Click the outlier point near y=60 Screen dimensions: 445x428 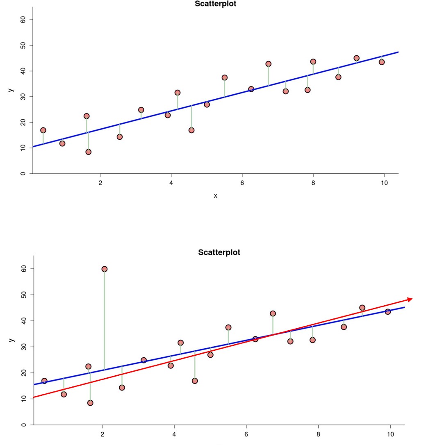(105, 269)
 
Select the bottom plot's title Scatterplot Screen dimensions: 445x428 (219, 252)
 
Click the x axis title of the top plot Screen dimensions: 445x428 (215, 196)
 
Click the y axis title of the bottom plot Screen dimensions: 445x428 (11, 340)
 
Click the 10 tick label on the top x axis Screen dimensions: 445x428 (384, 183)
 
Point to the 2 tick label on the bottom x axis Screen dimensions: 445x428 (102, 433)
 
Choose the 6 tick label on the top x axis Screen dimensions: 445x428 (242, 183)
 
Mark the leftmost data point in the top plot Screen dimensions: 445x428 (43, 130)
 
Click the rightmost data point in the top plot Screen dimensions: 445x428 (382, 62)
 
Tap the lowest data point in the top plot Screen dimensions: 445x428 (89, 152)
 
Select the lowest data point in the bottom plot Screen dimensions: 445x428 (90, 403)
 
